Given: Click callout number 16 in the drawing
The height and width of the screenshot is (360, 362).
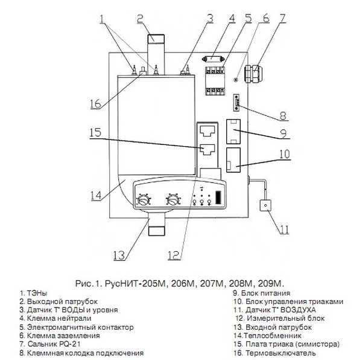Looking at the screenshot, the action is pyautogui.click(x=95, y=103).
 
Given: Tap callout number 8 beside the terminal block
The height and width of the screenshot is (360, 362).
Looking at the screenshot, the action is pyautogui.click(x=283, y=116).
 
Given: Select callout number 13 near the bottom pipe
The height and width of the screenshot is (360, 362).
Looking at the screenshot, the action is pyautogui.click(x=119, y=256).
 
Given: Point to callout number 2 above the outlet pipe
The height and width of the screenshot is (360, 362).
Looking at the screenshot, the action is pyautogui.click(x=140, y=19).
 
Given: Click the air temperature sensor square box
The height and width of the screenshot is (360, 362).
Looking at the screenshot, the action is pyautogui.click(x=265, y=205).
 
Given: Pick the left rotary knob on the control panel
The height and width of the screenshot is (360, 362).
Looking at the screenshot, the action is pyautogui.click(x=143, y=201).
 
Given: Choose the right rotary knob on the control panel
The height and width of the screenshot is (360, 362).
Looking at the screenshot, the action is pyautogui.click(x=173, y=200).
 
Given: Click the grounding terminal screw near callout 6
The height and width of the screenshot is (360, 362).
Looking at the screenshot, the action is pyautogui.click(x=235, y=80).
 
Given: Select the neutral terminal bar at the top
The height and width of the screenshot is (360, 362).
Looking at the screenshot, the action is pyautogui.click(x=213, y=59).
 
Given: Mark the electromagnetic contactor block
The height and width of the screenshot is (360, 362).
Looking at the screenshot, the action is pyautogui.click(x=215, y=80).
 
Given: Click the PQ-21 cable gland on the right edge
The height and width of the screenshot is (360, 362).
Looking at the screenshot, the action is pyautogui.click(x=253, y=74).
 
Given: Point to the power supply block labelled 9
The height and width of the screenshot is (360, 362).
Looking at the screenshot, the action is pyautogui.click(x=233, y=132).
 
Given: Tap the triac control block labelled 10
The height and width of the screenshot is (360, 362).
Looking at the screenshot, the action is pyautogui.click(x=233, y=160).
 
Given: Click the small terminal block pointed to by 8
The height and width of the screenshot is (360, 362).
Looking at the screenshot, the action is pyautogui.click(x=237, y=103).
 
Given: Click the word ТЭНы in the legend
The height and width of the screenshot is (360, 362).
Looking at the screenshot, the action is pyautogui.click(x=37, y=293).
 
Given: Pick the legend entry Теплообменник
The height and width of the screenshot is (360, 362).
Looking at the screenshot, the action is pyautogui.click(x=273, y=335).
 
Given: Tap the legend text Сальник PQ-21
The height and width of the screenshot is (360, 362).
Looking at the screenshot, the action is pyautogui.click(x=54, y=344).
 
